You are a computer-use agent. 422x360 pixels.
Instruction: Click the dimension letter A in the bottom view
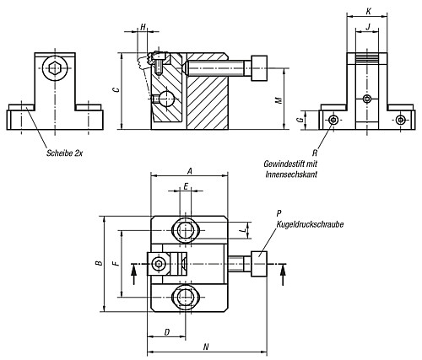coord(190,169)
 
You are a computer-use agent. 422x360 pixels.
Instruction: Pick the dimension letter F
coord(116,263)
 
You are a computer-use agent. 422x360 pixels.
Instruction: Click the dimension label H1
coord(143,28)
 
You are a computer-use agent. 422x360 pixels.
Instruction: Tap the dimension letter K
coord(366,12)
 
